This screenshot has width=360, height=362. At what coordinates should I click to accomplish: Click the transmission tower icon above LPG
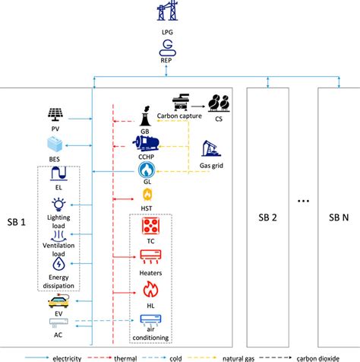166,14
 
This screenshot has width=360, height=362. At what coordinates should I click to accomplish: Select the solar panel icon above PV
55,116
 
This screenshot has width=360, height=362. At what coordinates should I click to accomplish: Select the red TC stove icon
149,227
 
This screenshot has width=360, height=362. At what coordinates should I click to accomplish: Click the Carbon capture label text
178,116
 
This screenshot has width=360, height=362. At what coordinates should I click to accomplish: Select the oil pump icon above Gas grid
212,148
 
